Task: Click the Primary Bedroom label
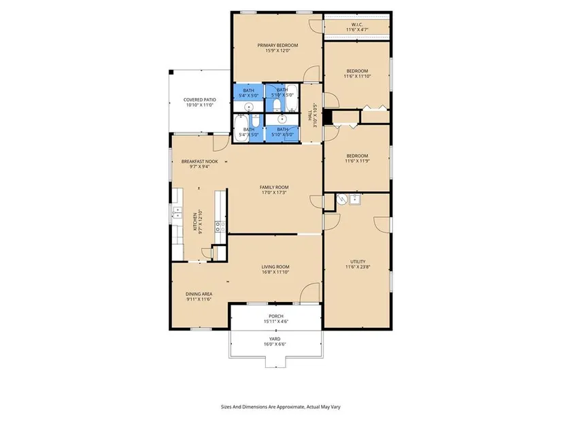(277, 48)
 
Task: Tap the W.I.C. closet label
(357, 27)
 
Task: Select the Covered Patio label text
(200, 103)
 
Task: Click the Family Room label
(274, 190)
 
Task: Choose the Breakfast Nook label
(200, 164)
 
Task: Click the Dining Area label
(199, 297)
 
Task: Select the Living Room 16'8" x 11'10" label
(275, 269)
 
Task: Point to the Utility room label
(358, 264)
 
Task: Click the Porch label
(276, 318)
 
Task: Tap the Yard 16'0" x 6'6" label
(275, 341)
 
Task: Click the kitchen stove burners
(220, 226)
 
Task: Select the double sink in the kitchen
(177, 212)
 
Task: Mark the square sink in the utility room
(355, 199)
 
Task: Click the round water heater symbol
(342, 199)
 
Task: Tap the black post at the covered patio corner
(171, 72)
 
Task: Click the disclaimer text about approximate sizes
(280, 407)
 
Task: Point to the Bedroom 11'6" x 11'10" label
(357, 73)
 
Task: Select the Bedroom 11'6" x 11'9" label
(357, 158)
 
